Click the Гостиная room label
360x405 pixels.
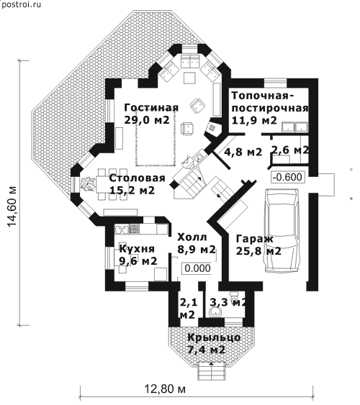(x=151, y=108)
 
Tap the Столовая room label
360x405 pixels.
(x=137, y=178)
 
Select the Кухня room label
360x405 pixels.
(x=137, y=249)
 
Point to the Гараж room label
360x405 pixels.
(x=255, y=239)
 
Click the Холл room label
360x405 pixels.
(x=192, y=237)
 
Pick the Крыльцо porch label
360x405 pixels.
(x=214, y=337)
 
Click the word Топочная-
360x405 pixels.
(x=263, y=96)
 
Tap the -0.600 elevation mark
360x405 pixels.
(x=287, y=177)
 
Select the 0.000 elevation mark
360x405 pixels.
(x=198, y=268)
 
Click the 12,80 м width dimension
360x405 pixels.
(x=165, y=389)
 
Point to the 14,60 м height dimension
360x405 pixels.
(x=12, y=206)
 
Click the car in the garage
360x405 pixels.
(x=282, y=230)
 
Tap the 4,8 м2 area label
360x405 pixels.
(x=243, y=152)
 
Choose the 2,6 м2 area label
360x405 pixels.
(x=289, y=150)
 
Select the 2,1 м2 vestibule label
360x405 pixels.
(x=188, y=309)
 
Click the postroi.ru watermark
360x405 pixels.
(x=21, y=4)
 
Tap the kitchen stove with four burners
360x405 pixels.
(x=135, y=229)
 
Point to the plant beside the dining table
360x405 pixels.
(x=87, y=184)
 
